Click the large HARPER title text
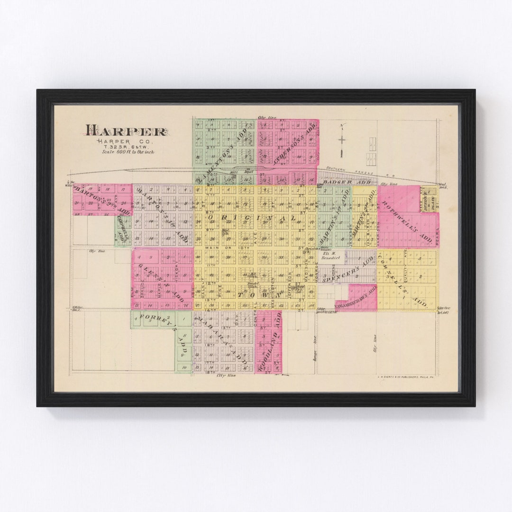click(x=126, y=131)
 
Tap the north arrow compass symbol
click(x=341, y=140)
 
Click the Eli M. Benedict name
click(x=333, y=256)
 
